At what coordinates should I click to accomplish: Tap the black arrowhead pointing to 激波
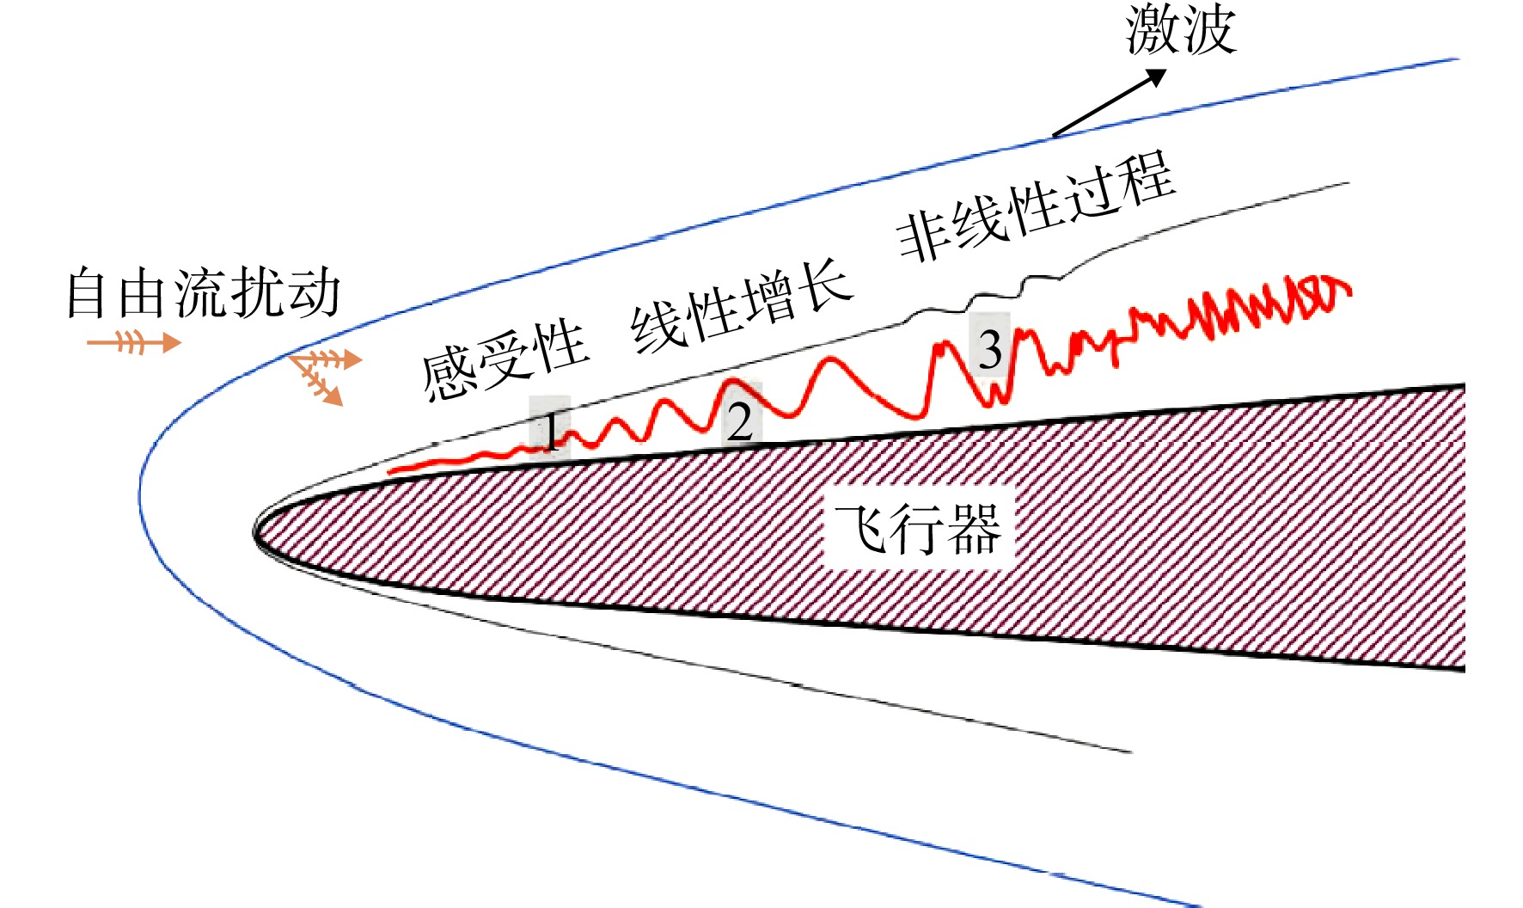pos(1154,77)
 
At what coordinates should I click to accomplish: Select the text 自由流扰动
pos(204,293)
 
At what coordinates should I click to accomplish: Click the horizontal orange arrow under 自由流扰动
pos(134,342)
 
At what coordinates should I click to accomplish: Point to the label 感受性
pos(505,360)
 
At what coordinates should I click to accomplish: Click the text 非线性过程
pos(1036,206)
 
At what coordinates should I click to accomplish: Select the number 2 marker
pos(740,420)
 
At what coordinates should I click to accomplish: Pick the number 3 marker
pos(991,348)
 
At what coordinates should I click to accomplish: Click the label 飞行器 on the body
pos(918,529)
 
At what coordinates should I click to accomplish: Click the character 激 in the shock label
pos(1153,29)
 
